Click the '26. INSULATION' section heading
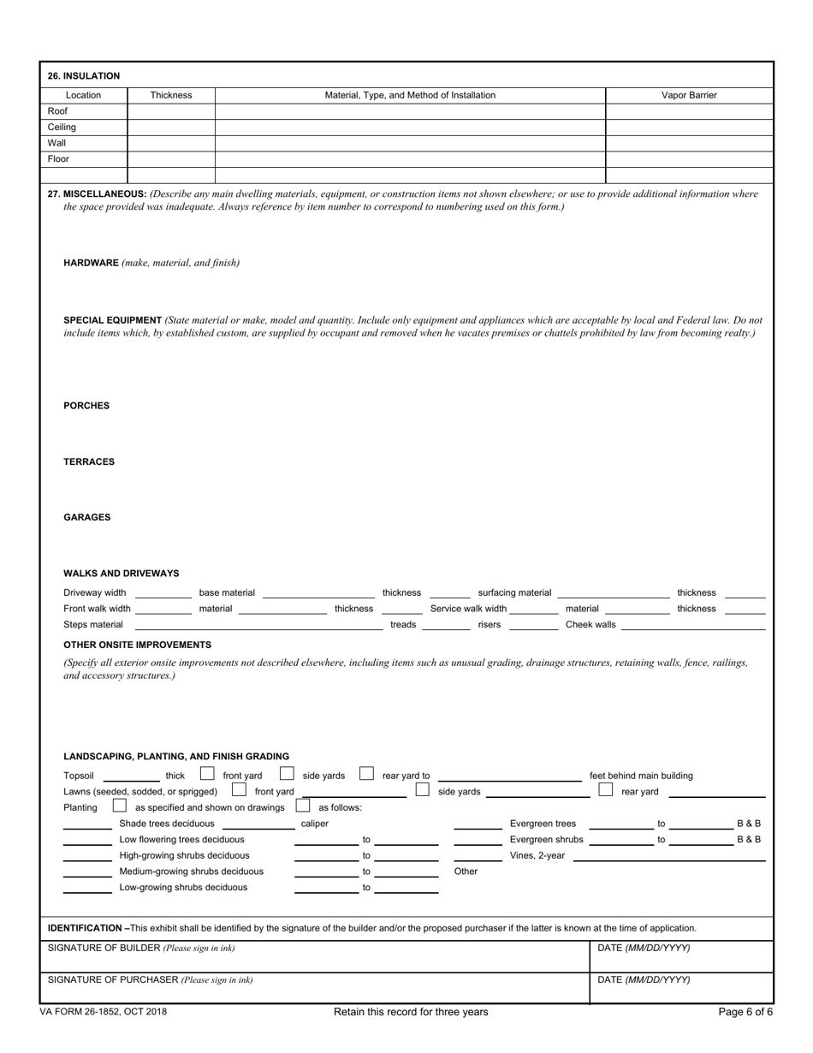[x=84, y=76]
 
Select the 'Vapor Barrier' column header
[x=689, y=95]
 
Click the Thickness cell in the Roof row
[x=171, y=111]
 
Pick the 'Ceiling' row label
[x=62, y=127]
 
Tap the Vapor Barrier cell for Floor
[x=689, y=159]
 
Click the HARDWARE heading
[x=91, y=263]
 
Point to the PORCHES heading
[x=86, y=406]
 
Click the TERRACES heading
[x=89, y=462]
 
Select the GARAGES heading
[x=87, y=518]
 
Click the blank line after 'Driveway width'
[x=163, y=595]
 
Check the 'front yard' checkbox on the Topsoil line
[x=207, y=773]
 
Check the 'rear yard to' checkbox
[x=366, y=773]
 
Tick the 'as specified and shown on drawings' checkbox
[x=120, y=806]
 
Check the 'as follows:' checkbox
[x=302, y=806]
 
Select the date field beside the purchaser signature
[x=681, y=987]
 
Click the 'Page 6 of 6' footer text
[x=745, y=1012]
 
